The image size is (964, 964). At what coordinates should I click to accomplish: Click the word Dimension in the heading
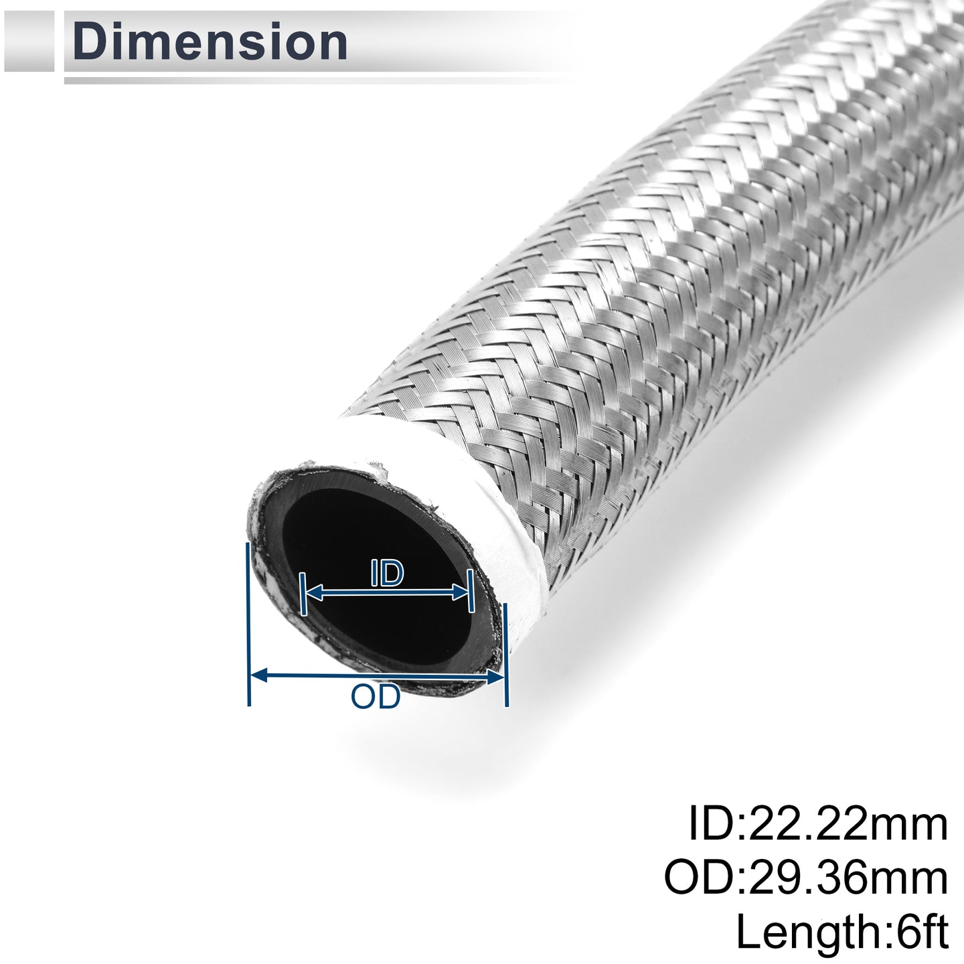210,42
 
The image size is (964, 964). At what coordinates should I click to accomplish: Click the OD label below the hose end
376,696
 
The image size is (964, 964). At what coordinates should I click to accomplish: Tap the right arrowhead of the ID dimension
459,593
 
